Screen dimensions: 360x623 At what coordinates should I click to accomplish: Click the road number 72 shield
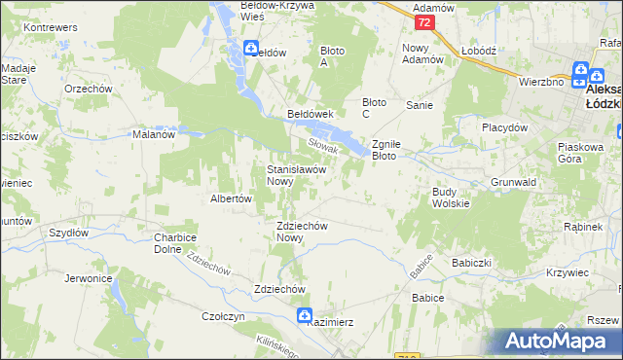422,21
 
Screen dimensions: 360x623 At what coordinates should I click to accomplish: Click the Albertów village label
232,198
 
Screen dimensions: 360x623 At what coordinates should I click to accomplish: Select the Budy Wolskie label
451,198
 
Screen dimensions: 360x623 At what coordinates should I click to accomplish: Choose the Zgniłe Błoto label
395,149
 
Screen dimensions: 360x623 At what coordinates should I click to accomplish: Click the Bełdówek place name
311,114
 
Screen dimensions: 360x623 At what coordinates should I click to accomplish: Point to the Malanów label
153,135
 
